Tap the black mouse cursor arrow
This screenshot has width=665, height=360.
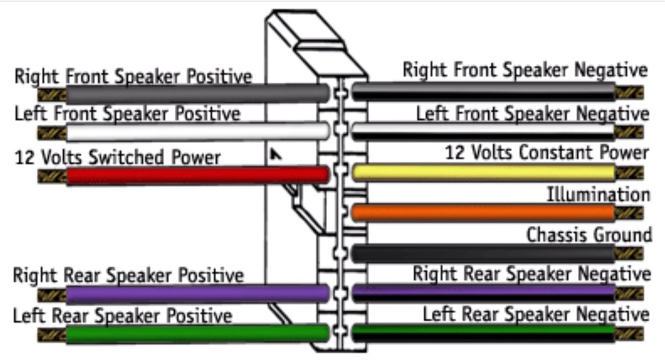pos(275,154)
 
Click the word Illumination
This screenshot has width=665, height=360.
pos(598,195)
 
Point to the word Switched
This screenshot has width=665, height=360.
pos(126,157)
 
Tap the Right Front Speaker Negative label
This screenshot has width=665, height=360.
pos(525,69)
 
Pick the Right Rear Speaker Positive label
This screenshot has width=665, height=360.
pos(128,275)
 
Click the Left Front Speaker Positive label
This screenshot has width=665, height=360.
pos(127,114)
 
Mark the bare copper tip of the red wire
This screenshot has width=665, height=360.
pos(51,176)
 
